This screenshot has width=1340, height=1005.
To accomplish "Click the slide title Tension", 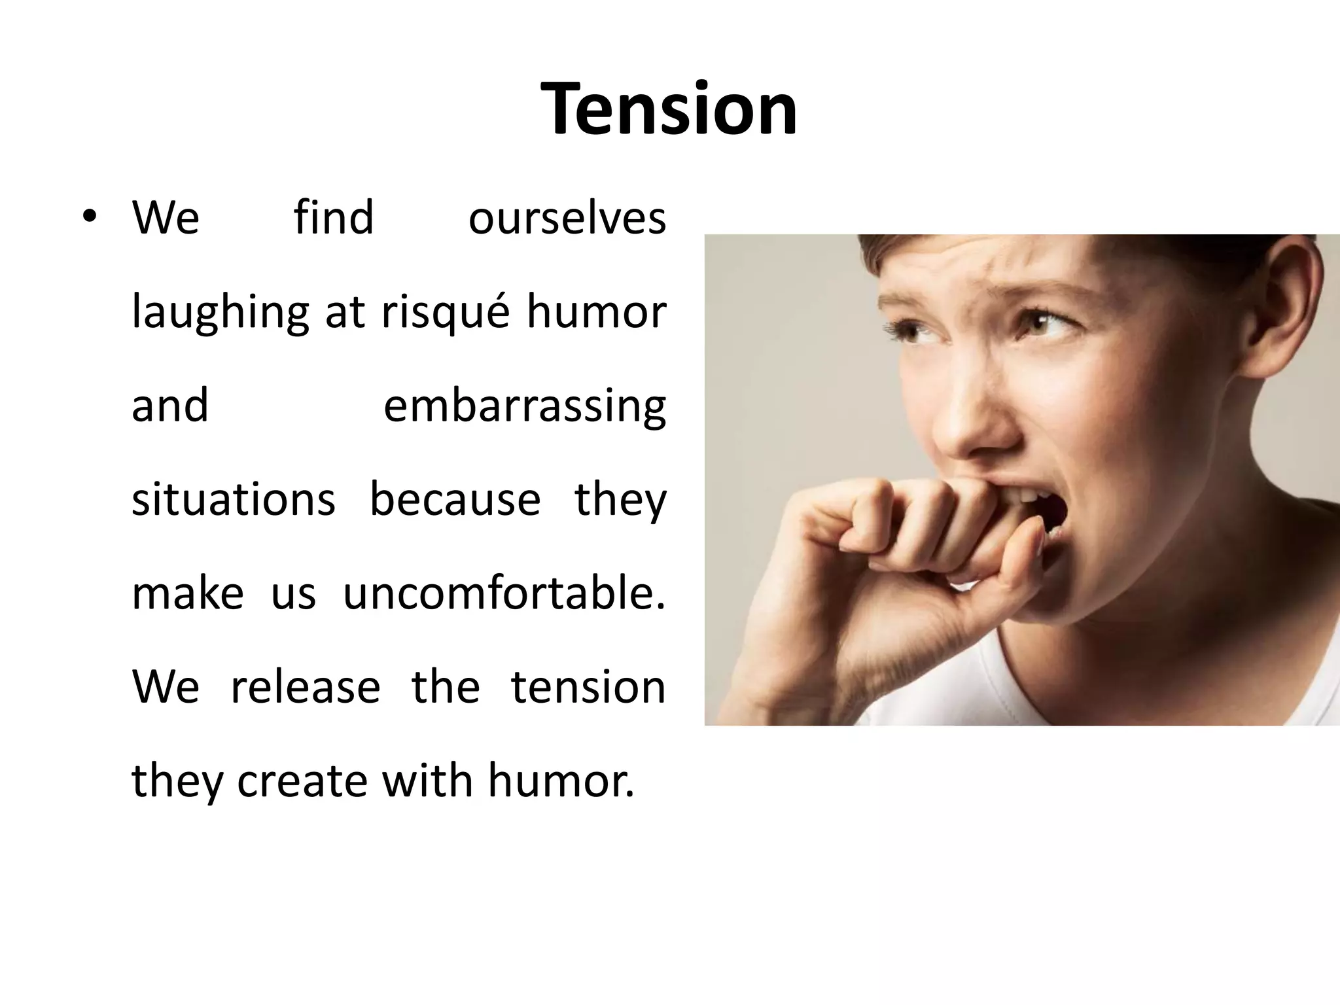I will point(669,109).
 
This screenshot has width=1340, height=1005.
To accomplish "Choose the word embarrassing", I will point(524,406).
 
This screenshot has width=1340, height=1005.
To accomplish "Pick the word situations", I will point(234,500).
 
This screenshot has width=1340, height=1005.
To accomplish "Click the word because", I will point(455,500).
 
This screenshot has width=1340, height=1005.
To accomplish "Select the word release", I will point(306,687).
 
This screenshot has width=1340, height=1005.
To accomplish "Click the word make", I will point(188,593).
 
